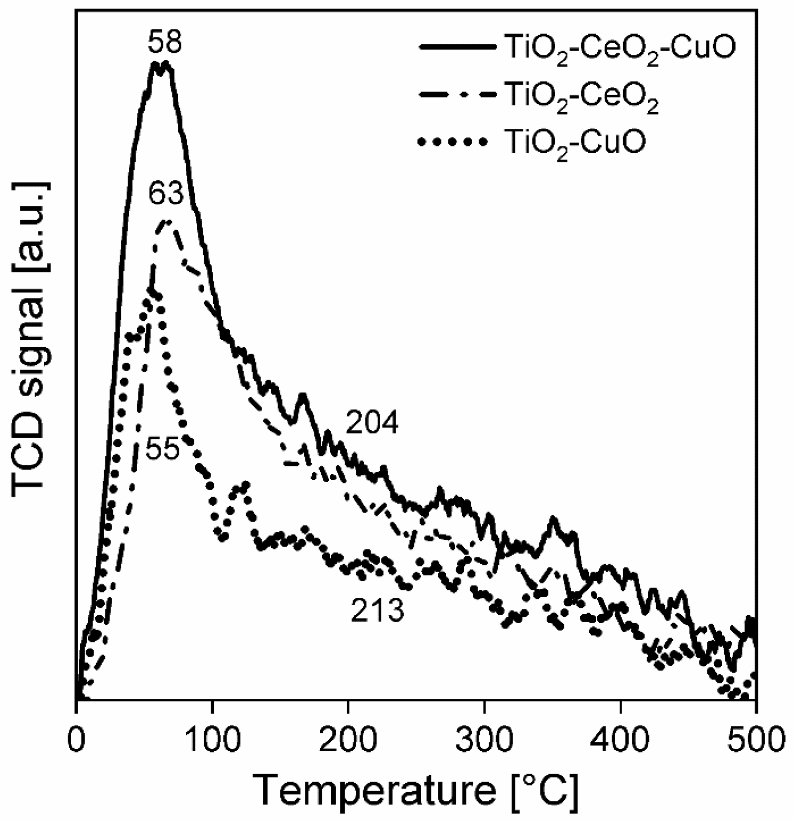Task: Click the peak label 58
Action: point(165,43)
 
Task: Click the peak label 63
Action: point(166,194)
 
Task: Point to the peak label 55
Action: point(162,450)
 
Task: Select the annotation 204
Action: point(372,424)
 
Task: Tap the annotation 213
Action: point(377,611)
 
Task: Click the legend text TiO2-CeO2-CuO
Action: point(620,49)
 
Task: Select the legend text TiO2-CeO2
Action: point(581,95)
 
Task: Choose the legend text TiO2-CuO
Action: point(575,142)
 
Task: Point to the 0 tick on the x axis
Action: point(76,737)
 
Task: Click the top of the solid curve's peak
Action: point(160,64)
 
